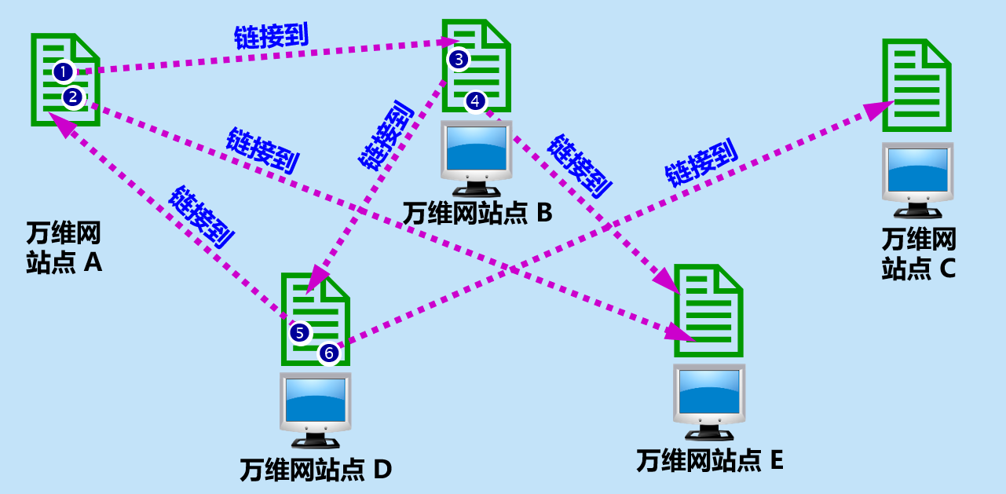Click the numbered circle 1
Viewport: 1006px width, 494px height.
(64, 72)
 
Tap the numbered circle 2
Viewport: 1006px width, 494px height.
(73, 97)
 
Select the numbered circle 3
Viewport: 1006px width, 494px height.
(459, 59)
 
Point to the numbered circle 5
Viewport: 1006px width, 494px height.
(300, 332)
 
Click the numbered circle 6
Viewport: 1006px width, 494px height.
(329, 354)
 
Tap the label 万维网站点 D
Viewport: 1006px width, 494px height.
(316, 470)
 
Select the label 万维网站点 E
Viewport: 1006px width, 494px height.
(710, 459)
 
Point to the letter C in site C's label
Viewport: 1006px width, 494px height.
(946, 269)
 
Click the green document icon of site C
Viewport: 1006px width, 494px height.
(916, 85)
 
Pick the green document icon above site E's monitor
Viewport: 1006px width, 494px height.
(709, 310)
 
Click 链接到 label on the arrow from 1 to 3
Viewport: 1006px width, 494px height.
(271, 35)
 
